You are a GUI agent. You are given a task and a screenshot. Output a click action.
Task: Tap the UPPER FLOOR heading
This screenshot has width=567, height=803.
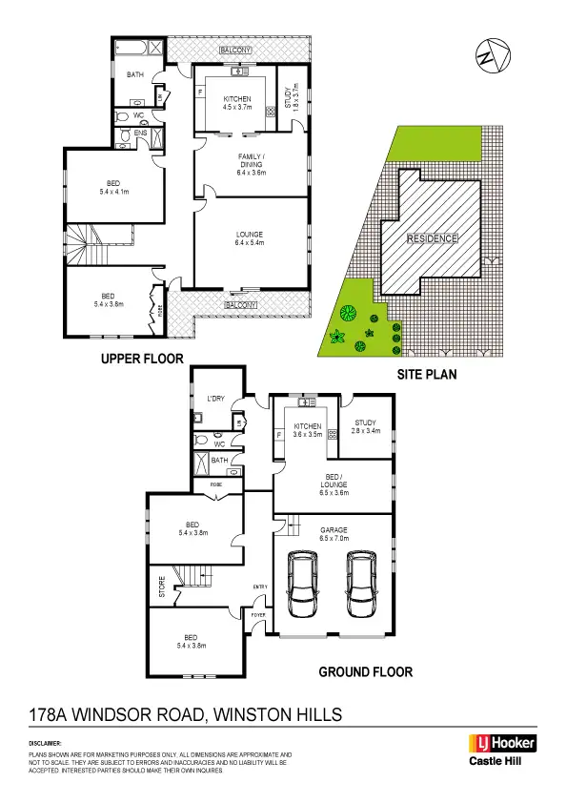(142, 359)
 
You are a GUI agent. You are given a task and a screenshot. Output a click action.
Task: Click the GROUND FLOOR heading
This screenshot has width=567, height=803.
(365, 671)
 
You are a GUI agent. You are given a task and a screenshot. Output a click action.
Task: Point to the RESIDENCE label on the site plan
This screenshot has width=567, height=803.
(432, 238)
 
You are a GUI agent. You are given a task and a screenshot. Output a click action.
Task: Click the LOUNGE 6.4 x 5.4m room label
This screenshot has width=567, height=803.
(250, 238)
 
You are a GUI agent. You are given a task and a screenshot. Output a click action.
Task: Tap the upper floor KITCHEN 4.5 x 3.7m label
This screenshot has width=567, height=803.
(237, 104)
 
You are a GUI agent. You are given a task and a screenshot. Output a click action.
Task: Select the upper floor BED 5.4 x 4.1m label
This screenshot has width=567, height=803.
(112, 189)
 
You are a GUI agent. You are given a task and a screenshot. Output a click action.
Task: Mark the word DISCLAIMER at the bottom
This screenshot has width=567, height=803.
(45, 742)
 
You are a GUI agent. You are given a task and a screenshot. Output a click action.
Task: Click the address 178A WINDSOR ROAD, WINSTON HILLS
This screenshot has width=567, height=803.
(187, 714)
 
